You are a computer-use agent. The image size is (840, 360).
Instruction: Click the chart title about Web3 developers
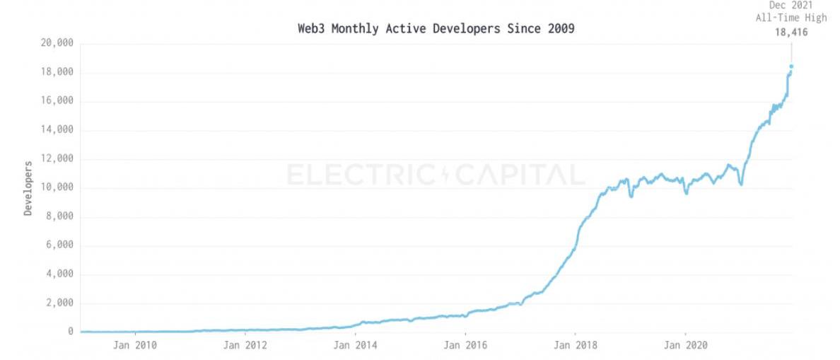click(436, 30)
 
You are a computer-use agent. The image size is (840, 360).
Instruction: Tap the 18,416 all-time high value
click(791, 32)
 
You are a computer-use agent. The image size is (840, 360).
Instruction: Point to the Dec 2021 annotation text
click(791, 5)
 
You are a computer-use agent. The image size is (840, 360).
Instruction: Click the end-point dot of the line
click(791, 66)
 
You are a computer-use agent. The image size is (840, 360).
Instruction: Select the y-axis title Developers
click(28, 188)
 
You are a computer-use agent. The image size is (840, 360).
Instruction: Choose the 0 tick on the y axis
click(70, 331)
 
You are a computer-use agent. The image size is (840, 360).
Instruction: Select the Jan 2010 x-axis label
click(135, 346)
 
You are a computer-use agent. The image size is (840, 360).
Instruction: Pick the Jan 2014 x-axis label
click(356, 346)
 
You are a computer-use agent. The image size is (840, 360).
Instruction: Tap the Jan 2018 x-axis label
click(576, 346)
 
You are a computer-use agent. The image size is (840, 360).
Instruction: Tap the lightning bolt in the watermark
click(445, 175)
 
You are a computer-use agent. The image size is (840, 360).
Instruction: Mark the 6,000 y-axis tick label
click(57, 245)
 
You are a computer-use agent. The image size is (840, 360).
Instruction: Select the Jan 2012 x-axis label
click(245, 346)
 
